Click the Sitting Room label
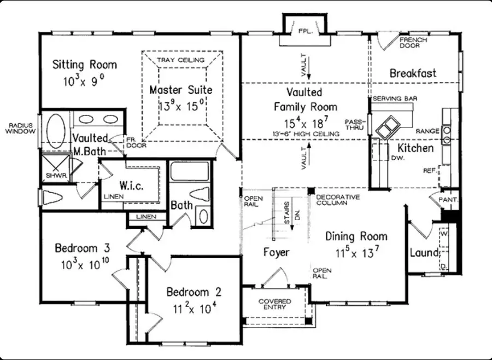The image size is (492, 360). pos(84,65)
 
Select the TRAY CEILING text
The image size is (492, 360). pos(180,60)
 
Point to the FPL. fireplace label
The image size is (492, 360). pos(304,31)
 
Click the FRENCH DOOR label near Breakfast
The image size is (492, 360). pos(410,43)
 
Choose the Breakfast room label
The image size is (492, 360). pos(413,73)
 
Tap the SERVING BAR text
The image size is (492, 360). pos(391,98)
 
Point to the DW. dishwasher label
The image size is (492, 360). pos(397,157)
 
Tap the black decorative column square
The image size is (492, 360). pos(310,190)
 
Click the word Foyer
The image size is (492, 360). pos(276,252)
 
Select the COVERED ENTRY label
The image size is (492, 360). pos(274,305)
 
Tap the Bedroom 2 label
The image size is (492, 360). pos(194,291)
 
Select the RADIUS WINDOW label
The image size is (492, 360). pos(20,129)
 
